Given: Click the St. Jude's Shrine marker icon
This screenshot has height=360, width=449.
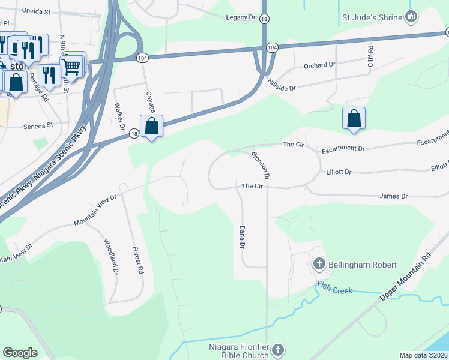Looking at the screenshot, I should (411, 17).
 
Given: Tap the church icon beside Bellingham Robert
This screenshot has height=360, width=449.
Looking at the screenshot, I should (319, 264).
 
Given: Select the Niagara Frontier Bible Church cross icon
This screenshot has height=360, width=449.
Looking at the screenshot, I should (277, 349).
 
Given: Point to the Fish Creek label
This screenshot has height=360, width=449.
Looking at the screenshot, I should (335, 291).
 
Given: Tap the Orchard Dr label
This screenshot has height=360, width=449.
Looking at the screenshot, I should (319, 65).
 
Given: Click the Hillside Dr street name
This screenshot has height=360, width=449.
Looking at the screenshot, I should (282, 85).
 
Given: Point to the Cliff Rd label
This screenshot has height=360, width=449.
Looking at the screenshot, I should (370, 56).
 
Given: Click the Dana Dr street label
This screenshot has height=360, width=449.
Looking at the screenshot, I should (243, 238).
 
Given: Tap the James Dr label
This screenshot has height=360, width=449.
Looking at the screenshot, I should (394, 196).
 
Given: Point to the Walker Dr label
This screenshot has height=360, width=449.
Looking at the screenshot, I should (118, 117).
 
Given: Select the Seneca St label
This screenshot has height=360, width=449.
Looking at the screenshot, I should (38, 125).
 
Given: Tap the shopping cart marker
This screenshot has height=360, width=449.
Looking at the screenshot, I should (72, 67).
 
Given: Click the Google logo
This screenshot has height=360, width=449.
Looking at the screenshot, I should (20, 353).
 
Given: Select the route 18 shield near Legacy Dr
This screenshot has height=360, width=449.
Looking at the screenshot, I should (265, 19).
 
